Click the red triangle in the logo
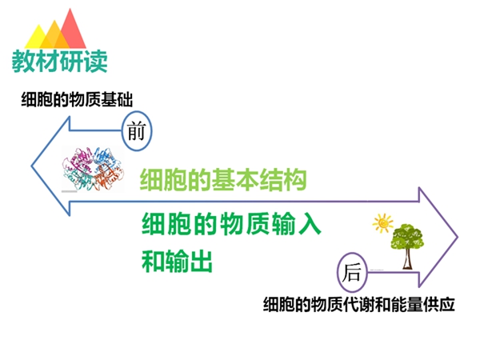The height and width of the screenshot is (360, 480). pyautogui.click(x=71, y=30)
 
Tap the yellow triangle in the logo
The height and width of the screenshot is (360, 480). pyautogui.click(x=38, y=38)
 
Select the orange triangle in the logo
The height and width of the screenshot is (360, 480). pyautogui.click(x=54, y=36)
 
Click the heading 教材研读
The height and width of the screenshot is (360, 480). pyautogui.click(x=60, y=62)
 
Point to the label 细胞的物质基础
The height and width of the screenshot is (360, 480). pyautogui.click(x=77, y=99)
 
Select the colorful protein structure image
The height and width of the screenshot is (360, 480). pyautogui.click(x=93, y=169)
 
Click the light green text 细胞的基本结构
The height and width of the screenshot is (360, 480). pyautogui.click(x=223, y=180)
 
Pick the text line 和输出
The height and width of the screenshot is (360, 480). pyautogui.click(x=177, y=261)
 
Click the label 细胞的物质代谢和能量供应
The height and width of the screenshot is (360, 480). pyautogui.click(x=358, y=304)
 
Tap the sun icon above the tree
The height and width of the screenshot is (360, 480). pyautogui.click(x=382, y=223)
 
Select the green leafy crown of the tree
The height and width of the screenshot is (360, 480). pyautogui.click(x=407, y=236)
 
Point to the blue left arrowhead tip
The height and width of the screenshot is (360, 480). pyautogui.click(x=31, y=166)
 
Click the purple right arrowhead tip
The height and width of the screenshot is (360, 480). pyautogui.click(x=458, y=237)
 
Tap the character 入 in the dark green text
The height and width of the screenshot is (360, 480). pyautogui.click(x=309, y=224)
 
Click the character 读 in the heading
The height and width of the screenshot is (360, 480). pyautogui.click(x=96, y=62)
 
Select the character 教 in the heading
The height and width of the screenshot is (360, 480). pyautogui.click(x=23, y=62)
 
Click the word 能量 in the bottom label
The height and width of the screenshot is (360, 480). pyautogui.click(x=407, y=304)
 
